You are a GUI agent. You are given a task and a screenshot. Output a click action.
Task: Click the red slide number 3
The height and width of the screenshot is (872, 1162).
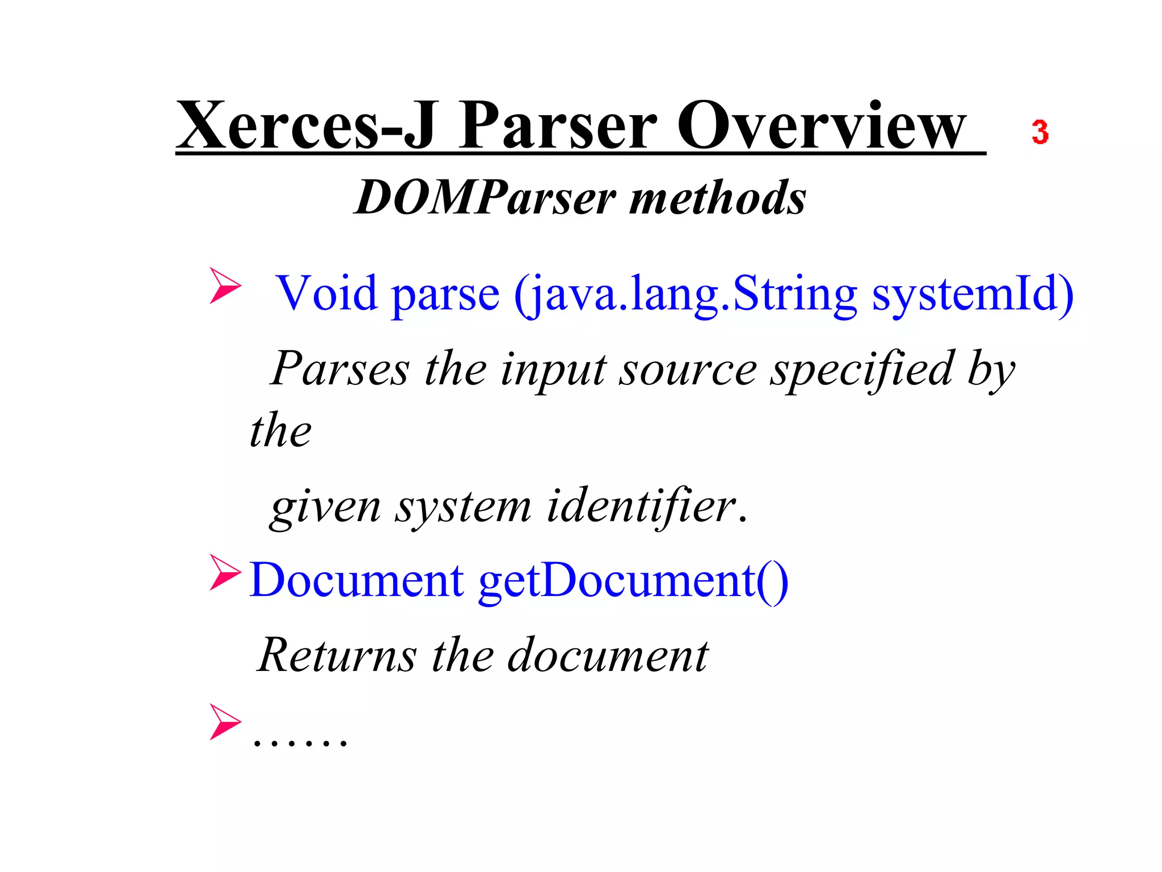(x=1039, y=132)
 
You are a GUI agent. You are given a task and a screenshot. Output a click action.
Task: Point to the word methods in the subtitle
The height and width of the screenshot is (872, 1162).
(x=718, y=198)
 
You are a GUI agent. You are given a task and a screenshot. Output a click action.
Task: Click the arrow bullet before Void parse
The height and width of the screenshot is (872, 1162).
(x=225, y=286)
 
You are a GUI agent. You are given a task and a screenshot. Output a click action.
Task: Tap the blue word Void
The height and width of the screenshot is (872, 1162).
(x=327, y=293)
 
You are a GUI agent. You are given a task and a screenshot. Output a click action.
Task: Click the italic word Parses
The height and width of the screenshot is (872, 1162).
(x=339, y=369)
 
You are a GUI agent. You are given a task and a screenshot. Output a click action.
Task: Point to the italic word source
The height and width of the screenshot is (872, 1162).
(x=688, y=369)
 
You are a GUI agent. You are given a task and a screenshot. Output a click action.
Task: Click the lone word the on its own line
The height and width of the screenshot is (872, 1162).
(x=280, y=430)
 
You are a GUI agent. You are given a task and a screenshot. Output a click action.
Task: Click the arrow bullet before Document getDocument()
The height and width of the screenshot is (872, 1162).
(x=225, y=572)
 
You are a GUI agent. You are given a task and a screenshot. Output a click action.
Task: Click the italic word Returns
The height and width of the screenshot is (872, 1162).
(x=337, y=656)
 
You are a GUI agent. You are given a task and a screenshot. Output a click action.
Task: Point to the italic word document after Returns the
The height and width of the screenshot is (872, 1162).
(x=607, y=656)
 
